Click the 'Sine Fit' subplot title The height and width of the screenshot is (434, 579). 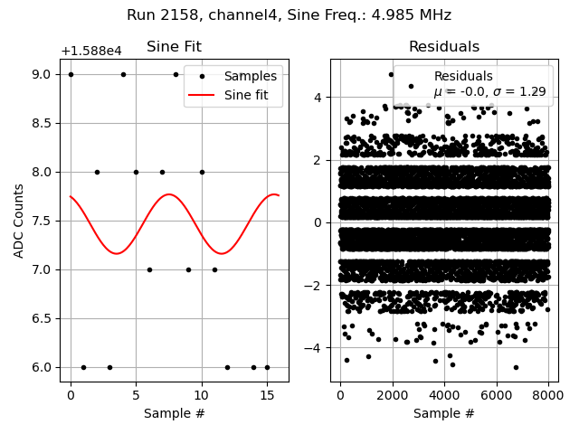[x=174, y=47]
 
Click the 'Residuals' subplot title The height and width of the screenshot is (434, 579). [x=443, y=47]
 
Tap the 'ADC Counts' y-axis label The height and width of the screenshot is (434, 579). [x=19, y=221]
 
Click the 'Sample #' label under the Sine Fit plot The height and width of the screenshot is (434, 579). [x=174, y=413]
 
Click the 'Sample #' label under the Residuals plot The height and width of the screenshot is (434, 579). [x=443, y=413]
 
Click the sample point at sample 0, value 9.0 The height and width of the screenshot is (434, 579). [x=71, y=74]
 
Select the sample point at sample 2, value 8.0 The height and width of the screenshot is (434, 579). [x=97, y=172]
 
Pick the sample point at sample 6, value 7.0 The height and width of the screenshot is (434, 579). [x=149, y=269]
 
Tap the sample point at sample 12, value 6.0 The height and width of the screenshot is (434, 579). [x=227, y=367]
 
